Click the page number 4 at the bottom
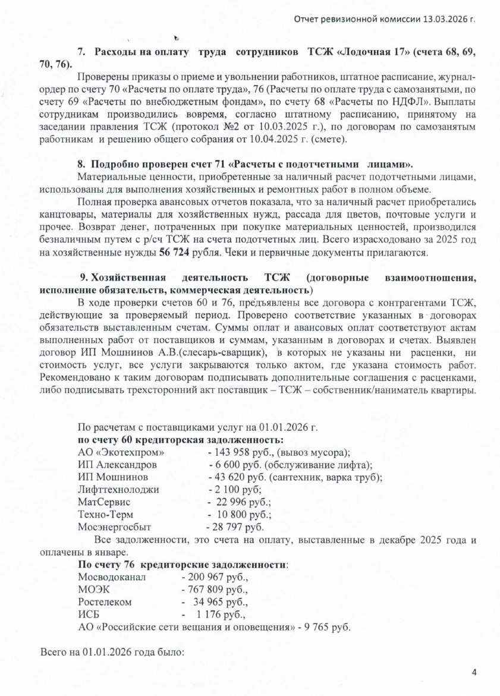[474, 672]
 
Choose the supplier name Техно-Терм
[106, 514]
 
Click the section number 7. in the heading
[83, 52]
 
